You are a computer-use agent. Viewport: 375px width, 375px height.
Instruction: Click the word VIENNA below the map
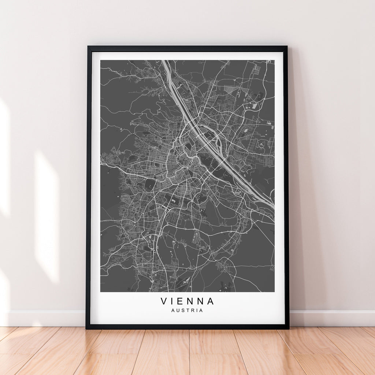click(x=187, y=301)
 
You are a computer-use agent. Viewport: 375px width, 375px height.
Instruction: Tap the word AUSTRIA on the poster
click(x=187, y=311)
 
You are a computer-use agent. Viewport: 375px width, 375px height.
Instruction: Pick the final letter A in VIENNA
click(x=210, y=301)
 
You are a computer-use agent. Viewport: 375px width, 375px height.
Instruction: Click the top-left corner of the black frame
click(x=88, y=47)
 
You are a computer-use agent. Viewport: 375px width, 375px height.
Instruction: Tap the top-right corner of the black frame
click(x=287, y=47)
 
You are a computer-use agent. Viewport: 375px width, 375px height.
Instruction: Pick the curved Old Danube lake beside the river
click(x=216, y=132)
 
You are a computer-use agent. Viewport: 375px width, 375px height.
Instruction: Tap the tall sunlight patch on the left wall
click(x=47, y=216)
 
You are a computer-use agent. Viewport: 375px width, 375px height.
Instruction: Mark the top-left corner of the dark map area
click(x=101, y=60)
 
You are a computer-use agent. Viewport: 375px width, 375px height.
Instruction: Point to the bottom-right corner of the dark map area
click(x=274, y=292)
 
